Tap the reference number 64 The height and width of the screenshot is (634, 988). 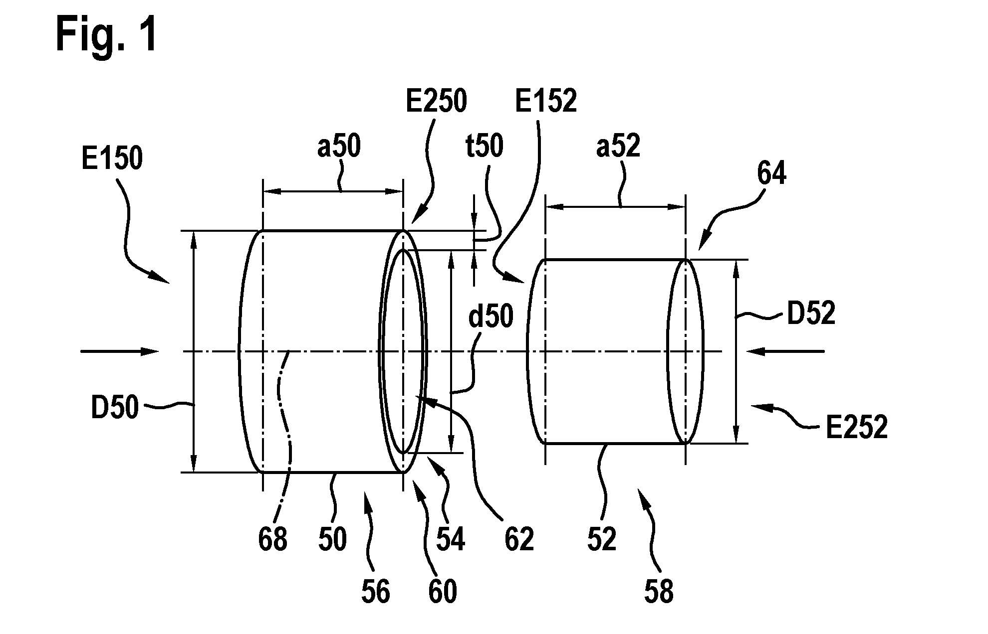point(771,174)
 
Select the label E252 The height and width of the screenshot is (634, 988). point(857,427)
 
